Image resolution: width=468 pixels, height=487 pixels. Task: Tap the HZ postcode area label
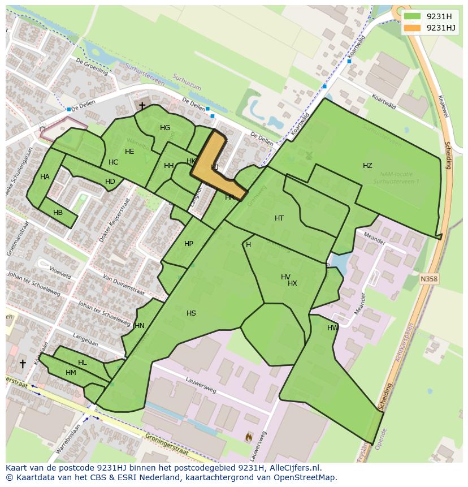[367, 166]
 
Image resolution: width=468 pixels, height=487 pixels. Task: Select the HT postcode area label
[279, 218]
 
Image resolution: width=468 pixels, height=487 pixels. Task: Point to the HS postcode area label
[191, 313]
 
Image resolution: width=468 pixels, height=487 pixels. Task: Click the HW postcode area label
[333, 328]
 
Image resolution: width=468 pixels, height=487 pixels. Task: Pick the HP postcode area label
[189, 244]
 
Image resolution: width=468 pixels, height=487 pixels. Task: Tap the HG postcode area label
[165, 128]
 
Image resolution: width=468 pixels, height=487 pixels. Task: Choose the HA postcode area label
[45, 177]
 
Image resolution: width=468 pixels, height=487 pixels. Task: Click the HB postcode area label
[58, 213]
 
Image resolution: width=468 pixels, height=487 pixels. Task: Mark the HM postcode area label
[71, 373]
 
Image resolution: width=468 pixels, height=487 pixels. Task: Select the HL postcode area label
[83, 363]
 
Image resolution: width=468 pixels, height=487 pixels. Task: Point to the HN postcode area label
[140, 326]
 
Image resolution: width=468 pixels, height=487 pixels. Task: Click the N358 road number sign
[429, 279]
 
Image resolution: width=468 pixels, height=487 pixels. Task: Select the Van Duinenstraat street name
[123, 286]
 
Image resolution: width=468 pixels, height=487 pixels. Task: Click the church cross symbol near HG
[142, 105]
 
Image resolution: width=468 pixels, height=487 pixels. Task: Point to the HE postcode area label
[129, 152]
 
